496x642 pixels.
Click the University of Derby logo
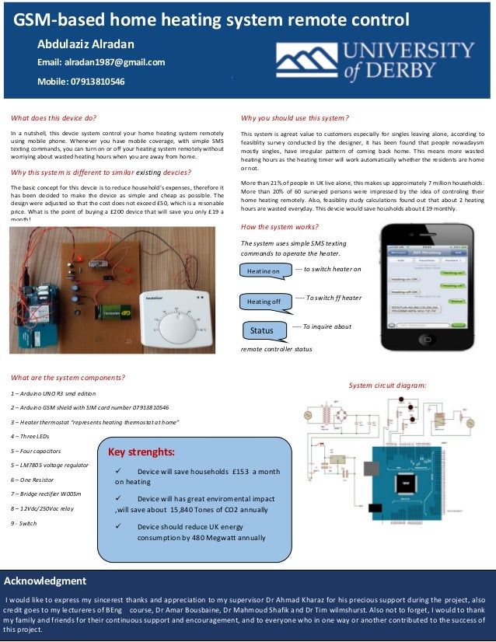376,61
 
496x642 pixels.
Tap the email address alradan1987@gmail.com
101,62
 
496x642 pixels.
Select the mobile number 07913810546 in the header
81,82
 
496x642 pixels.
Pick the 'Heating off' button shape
264,301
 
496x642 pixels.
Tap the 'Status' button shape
263,330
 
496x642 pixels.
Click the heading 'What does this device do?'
54,118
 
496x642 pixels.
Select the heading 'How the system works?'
279,227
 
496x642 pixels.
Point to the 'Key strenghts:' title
141,452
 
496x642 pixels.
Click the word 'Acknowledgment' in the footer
46,581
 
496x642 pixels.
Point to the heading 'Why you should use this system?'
295,118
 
